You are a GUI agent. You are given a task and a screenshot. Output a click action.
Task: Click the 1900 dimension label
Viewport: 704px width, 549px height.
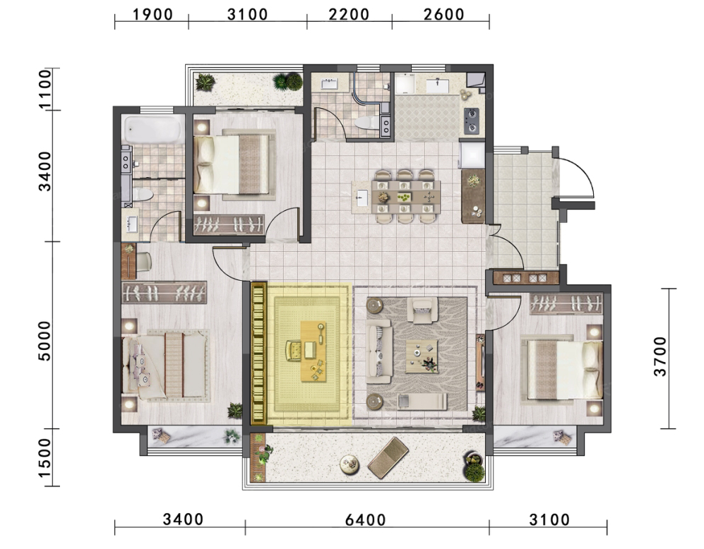[x=153, y=14]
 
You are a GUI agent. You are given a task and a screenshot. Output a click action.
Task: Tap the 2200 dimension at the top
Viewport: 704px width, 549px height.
[x=349, y=14]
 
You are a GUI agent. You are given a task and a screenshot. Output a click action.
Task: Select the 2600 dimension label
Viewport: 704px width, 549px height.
[x=444, y=14]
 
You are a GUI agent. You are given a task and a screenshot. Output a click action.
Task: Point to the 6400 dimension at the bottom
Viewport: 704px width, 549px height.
[x=366, y=520]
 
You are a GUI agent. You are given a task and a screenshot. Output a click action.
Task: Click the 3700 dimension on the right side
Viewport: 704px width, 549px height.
[x=660, y=356]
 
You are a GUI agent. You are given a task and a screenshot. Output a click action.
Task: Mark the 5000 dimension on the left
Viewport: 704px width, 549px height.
[x=45, y=341]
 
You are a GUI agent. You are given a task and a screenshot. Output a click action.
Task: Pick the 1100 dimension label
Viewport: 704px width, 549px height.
[x=45, y=89]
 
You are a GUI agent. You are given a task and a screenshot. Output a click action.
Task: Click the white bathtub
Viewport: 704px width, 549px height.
[x=153, y=130]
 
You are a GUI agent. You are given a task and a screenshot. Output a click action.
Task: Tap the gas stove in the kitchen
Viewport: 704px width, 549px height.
[x=471, y=121]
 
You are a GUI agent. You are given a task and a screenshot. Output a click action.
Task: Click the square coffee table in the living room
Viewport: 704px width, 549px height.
[x=422, y=356]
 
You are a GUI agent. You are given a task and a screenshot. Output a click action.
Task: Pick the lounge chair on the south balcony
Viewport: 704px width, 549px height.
[x=388, y=457]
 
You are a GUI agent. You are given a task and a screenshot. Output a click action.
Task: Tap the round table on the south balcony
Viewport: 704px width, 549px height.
[x=350, y=464]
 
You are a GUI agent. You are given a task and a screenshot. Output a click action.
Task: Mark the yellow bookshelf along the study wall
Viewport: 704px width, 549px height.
[x=258, y=354]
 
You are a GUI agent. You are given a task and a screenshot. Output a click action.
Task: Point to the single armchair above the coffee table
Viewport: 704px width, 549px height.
[x=422, y=310]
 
